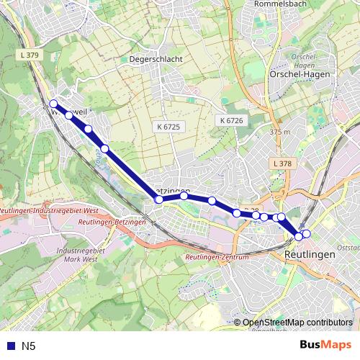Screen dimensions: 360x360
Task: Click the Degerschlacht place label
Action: (x=156, y=59)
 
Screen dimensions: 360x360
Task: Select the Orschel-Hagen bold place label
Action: (x=300, y=73)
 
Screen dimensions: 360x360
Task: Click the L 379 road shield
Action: (x=29, y=55)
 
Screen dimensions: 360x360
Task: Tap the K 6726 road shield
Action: (x=232, y=120)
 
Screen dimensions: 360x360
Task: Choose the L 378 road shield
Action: (x=283, y=164)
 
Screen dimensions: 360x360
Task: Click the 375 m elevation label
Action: (x=279, y=132)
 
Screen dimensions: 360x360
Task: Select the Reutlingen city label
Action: (x=310, y=255)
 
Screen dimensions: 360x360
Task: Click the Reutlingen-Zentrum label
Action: (x=217, y=257)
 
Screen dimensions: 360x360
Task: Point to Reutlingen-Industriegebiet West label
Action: (x=48, y=211)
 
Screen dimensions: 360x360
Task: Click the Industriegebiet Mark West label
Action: (x=80, y=253)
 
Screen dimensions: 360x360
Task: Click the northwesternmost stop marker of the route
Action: (x=53, y=104)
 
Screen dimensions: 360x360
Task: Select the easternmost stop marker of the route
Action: (x=307, y=233)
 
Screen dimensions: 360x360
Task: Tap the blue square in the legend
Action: (x=10, y=346)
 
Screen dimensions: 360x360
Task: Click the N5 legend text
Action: (x=28, y=346)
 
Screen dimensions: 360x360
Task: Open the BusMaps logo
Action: (x=325, y=346)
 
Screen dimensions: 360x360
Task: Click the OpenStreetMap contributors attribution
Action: (x=297, y=323)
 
